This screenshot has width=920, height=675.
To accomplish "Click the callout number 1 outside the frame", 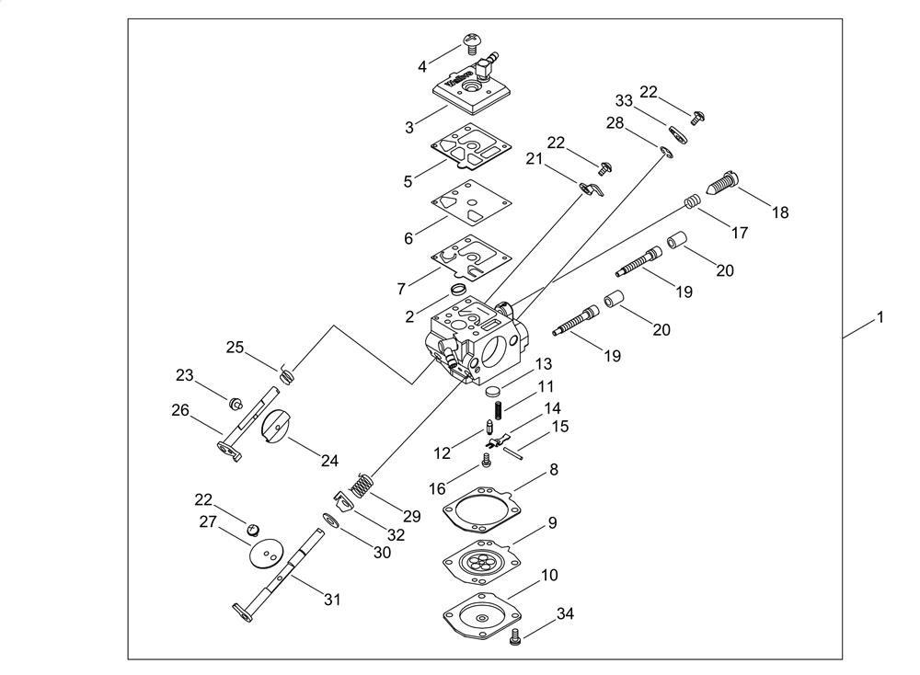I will coord(880,317).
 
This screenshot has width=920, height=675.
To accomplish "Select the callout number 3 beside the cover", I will coord(409,128).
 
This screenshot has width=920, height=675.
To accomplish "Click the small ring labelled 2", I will coord(458,290).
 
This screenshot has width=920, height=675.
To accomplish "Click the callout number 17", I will coord(740,234).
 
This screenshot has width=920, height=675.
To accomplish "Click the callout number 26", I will coord(179,410).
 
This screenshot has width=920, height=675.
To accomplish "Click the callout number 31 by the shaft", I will coord(332,600).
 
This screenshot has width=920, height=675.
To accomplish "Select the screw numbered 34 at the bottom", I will coord(516,635).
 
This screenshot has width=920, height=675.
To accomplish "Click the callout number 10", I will coord(549,576).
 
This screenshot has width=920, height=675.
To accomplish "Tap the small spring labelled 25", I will coord(286,373).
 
